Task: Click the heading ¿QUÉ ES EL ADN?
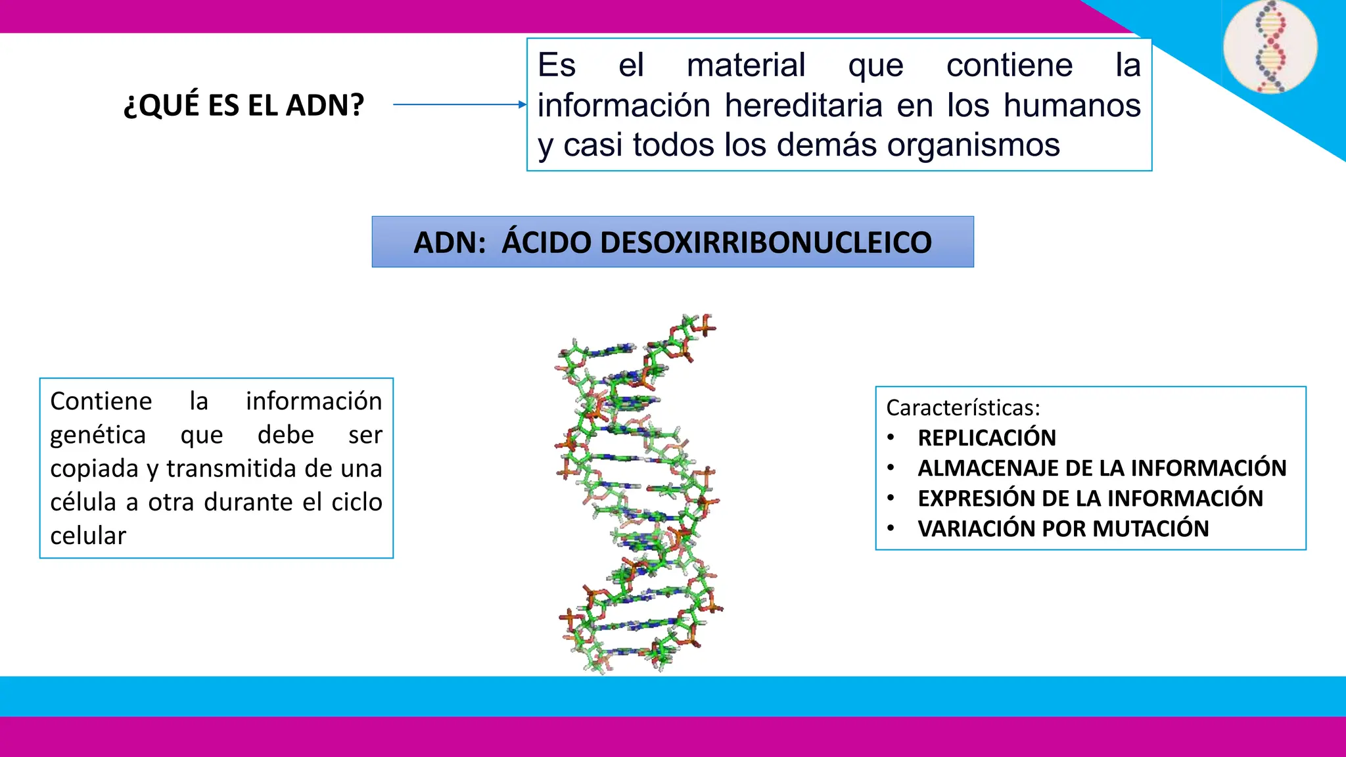pyautogui.click(x=244, y=105)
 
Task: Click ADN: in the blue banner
pyautogui.click(x=450, y=242)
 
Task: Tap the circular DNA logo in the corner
pyautogui.click(x=1270, y=47)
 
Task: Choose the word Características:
pyautogui.click(x=963, y=408)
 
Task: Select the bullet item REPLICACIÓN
pyautogui.click(x=986, y=438)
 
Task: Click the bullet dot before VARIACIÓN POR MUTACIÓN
pyautogui.click(x=891, y=528)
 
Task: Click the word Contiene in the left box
pyautogui.click(x=101, y=401)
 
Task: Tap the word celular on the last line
pyautogui.click(x=88, y=536)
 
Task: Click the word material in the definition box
pyautogui.click(x=746, y=65)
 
